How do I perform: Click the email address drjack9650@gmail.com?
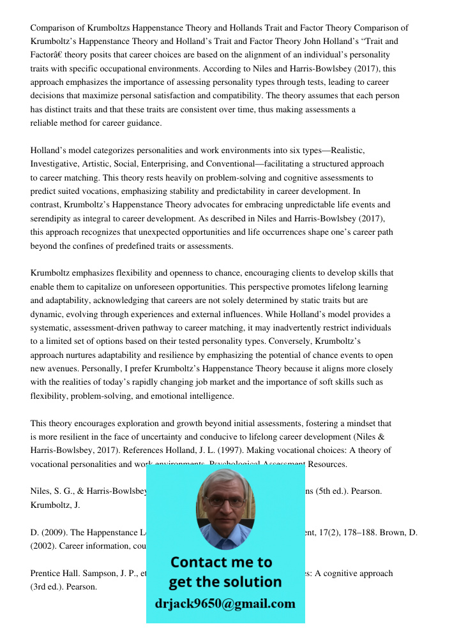[x=225, y=604]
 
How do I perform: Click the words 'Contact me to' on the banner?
[x=221, y=562]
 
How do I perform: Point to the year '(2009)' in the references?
[x=49, y=532]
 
